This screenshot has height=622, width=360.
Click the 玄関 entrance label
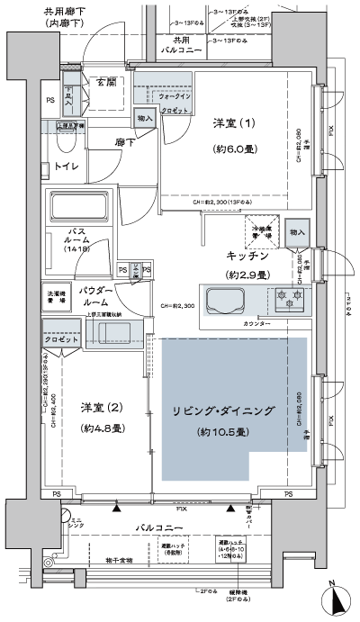tap(106, 83)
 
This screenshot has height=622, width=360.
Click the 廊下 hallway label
tap(124, 142)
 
